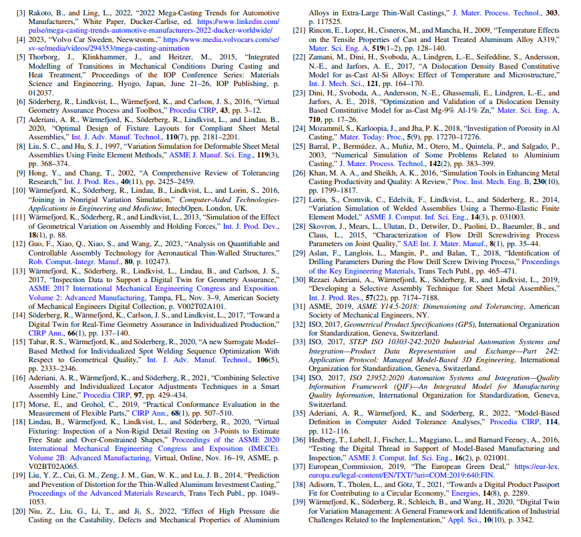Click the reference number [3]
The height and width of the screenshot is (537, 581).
pos(23,12)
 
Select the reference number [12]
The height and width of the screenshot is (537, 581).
pos(24,244)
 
